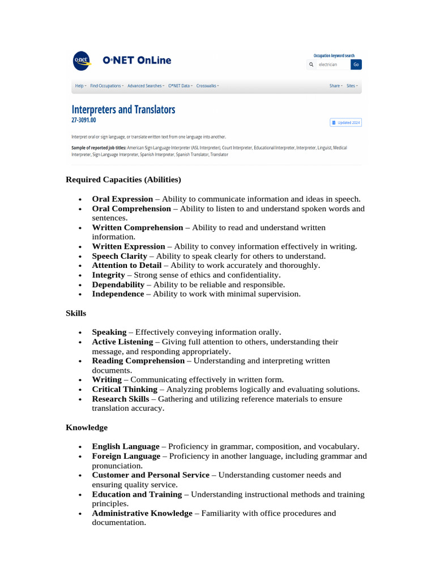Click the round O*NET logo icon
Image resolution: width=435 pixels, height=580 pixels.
82,61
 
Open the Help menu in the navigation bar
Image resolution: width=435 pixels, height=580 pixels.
80,86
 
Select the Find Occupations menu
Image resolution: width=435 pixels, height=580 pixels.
106,86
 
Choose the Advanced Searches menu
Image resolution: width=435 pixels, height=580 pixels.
146,86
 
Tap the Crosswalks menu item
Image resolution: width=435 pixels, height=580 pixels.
207,86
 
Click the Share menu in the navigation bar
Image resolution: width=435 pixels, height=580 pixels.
336,86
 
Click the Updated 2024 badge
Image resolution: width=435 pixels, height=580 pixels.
346,122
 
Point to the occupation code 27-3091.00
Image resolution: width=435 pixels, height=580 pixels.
84,120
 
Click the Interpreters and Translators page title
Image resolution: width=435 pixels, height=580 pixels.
123,109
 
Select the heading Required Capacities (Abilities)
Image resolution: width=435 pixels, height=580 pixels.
123,180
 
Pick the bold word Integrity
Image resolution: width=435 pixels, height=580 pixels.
108,275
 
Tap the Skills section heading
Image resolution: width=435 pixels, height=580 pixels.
76,313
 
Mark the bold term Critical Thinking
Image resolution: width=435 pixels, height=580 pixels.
125,389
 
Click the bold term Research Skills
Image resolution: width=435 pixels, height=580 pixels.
121,399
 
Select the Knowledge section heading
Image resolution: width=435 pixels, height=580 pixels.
87,427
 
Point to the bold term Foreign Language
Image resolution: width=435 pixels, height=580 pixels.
126,456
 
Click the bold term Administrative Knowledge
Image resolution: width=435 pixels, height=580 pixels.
142,513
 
